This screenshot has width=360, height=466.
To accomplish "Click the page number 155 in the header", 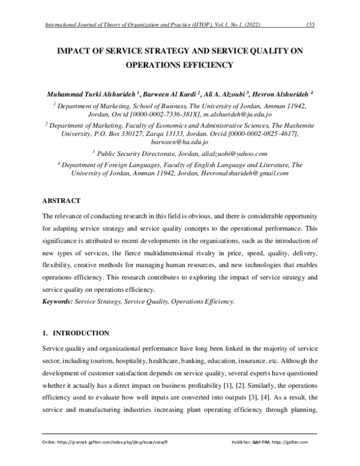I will tap(310, 24).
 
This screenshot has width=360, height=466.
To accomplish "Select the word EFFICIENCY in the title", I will tap(209, 65).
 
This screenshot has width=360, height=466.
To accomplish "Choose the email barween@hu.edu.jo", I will tap(179, 142).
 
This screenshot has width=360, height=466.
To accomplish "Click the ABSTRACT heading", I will tap(62, 199).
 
